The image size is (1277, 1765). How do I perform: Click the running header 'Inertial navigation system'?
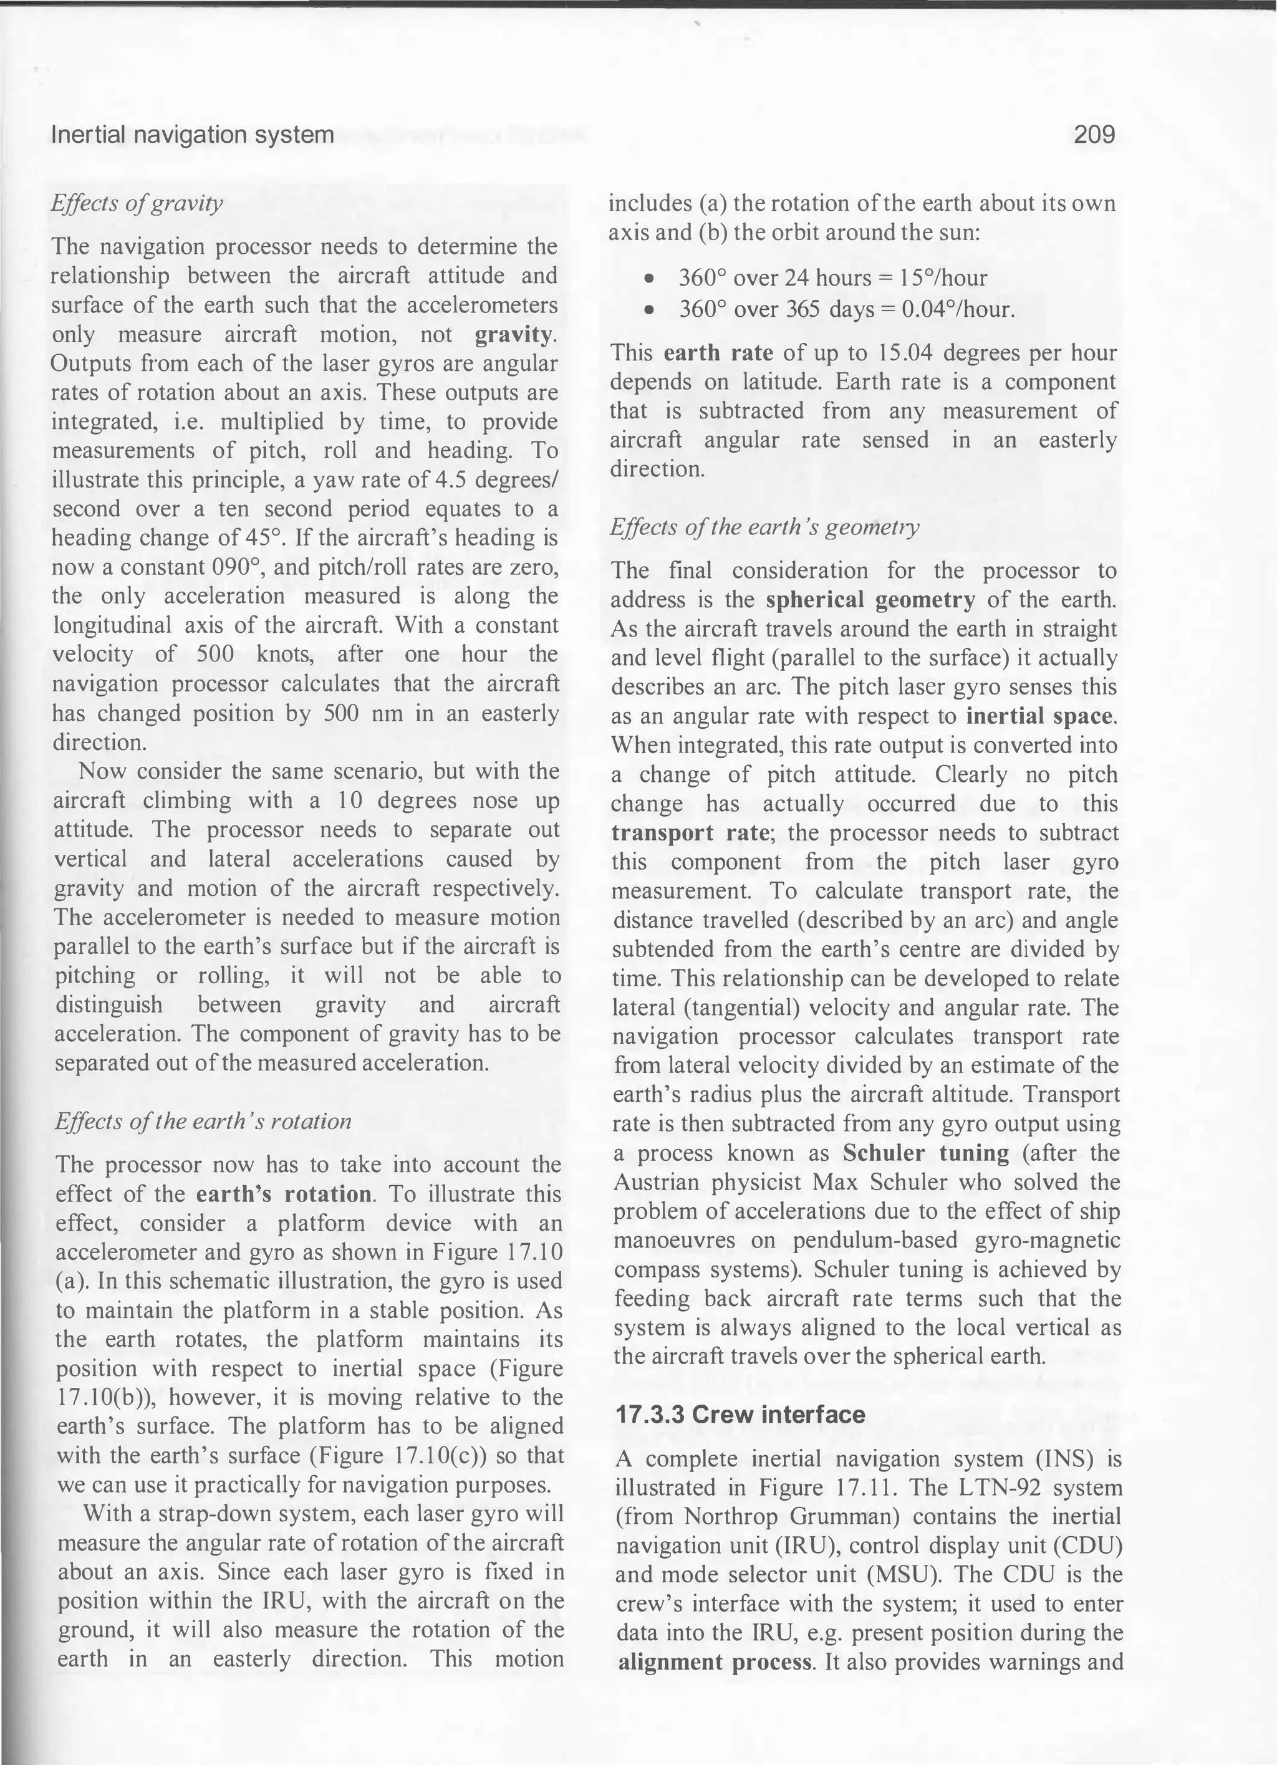pos(192,135)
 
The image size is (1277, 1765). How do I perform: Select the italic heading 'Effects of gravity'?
pos(137,203)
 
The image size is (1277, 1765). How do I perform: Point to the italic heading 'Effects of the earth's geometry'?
pos(764,527)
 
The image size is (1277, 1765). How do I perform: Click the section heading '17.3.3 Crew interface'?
pos(740,1414)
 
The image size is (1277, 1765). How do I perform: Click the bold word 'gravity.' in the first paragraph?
pos(515,335)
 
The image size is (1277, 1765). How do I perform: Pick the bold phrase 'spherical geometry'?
pos(870,600)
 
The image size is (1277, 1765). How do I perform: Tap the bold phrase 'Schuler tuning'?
pos(925,1153)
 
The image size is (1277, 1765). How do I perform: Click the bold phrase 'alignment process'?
pos(713,1663)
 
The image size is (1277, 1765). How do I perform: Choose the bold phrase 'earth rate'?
pos(718,353)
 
